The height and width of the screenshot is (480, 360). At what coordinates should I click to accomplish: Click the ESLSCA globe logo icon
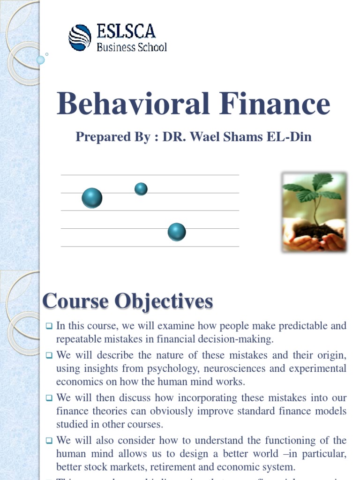80,37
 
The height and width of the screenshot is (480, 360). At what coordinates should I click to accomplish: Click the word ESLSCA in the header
126,31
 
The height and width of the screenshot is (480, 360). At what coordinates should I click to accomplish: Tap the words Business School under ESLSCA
131,47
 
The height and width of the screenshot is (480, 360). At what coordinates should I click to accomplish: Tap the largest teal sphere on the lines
92,198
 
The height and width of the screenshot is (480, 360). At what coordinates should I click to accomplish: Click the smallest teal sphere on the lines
141,189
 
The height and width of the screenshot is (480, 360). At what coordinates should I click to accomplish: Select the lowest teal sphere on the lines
177,232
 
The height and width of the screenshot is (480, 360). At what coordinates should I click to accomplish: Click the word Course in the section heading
75,301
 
